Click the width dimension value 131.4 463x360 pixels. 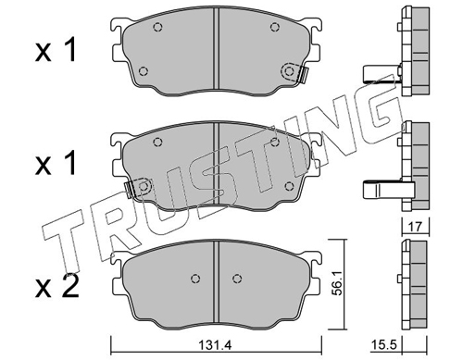coord(218,345)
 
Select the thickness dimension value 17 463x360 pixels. coord(415,227)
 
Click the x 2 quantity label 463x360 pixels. coord(56,287)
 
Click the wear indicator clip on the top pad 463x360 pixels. coord(304,75)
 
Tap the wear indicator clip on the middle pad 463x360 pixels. coord(129,190)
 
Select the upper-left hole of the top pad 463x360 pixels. coord(157,28)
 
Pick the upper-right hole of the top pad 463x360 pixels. coord(275,28)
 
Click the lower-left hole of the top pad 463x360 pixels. coord(143,71)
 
